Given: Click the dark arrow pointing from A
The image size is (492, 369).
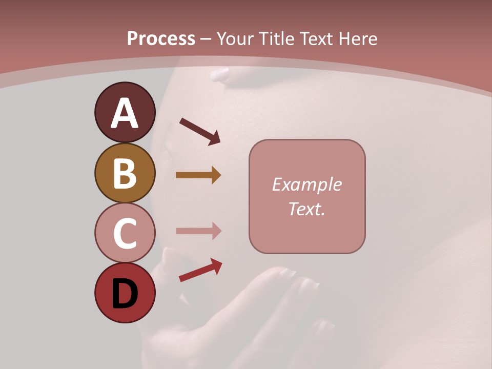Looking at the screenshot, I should pyautogui.click(x=199, y=131).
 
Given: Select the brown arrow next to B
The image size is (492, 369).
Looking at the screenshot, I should pyautogui.click(x=198, y=175).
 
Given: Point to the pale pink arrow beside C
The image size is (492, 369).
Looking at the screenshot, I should pyautogui.click(x=198, y=231).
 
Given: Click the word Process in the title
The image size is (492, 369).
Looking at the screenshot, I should pyautogui.click(x=161, y=39).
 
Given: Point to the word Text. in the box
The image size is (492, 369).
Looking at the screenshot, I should pyautogui.click(x=306, y=209).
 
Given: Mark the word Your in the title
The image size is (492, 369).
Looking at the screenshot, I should pyautogui.click(x=236, y=39).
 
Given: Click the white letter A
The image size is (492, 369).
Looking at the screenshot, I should pyautogui.click(x=125, y=114).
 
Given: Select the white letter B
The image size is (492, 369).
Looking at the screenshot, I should pyautogui.click(x=125, y=173).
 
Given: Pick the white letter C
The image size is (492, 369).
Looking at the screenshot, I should pyautogui.click(x=125, y=233).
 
